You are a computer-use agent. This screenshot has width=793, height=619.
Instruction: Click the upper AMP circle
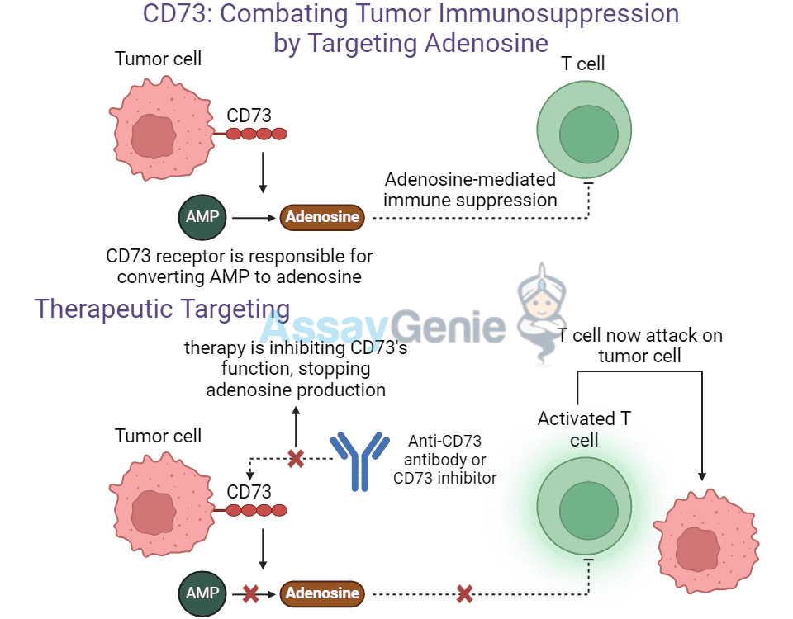tap(202, 218)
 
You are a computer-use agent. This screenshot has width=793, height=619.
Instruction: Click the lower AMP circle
tap(202, 593)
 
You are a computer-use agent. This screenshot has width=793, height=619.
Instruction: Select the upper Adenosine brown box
tap(322, 218)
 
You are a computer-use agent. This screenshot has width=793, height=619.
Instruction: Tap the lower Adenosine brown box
tap(322, 593)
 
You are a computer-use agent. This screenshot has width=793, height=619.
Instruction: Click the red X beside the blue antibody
tap(296, 458)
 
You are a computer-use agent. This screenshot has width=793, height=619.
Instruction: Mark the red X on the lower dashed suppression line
tap(465, 593)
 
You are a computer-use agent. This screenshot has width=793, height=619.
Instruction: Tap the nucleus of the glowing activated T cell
tap(588, 509)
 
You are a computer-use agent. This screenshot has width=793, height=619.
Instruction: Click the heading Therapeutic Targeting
tap(162, 309)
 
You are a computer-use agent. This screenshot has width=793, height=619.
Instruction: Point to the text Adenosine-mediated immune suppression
tap(471, 190)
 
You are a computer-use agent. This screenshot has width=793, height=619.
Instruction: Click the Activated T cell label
tap(584, 428)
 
